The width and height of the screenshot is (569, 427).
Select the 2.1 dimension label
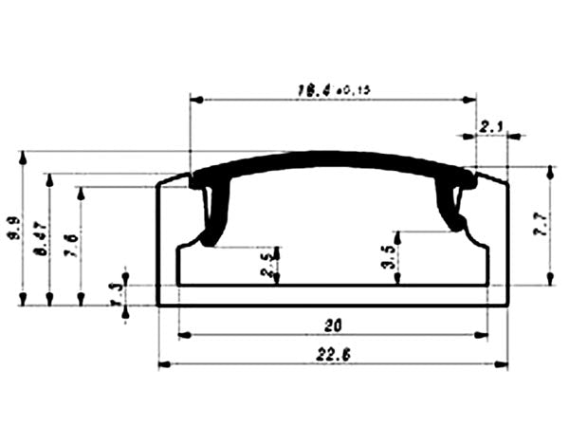[x=492, y=125]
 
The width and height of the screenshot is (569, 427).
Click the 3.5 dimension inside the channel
[x=389, y=257]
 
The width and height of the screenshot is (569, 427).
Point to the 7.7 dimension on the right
[x=541, y=225]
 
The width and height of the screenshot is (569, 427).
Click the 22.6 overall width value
[x=332, y=355]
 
